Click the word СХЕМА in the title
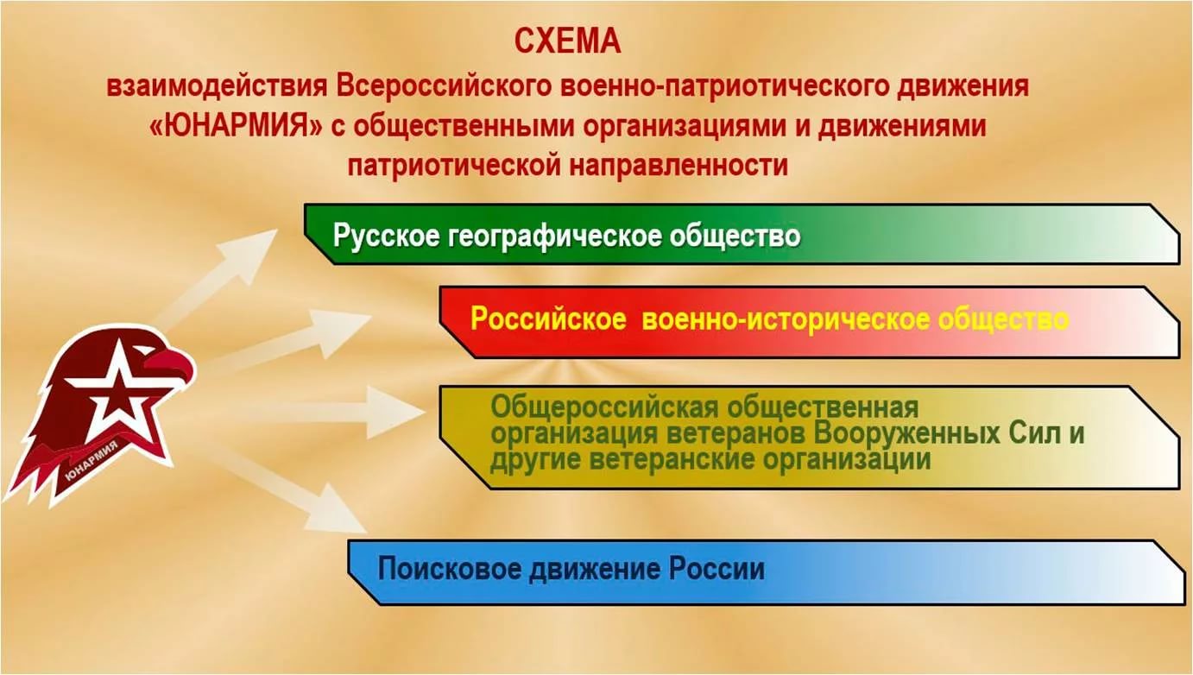point(568,41)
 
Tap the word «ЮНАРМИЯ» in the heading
point(237,127)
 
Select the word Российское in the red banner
point(548,319)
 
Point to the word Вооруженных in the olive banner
point(906,433)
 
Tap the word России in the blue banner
point(716,569)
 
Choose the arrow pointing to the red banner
point(287,337)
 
